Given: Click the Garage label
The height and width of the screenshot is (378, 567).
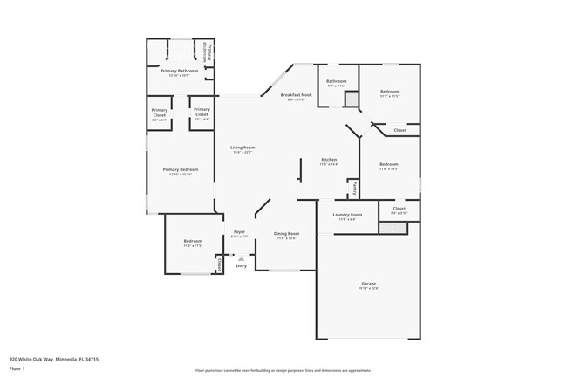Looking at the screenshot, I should [x=368, y=285].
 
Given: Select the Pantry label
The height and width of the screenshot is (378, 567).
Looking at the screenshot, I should [x=354, y=188].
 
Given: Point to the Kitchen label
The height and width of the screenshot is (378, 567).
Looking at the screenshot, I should [x=329, y=162].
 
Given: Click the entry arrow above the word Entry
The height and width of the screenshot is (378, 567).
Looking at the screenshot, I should [x=242, y=258].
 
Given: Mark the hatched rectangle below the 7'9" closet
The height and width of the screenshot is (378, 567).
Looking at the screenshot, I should [x=392, y=227].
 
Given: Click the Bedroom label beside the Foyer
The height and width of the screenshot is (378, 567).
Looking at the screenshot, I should [x=193, y=243].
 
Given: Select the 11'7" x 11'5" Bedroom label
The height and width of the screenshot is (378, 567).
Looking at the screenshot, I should [x=389, y=93].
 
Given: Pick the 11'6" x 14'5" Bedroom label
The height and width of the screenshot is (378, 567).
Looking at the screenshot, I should [x=388, y=166].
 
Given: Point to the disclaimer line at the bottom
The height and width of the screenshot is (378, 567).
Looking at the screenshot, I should [x=283, y=372].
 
